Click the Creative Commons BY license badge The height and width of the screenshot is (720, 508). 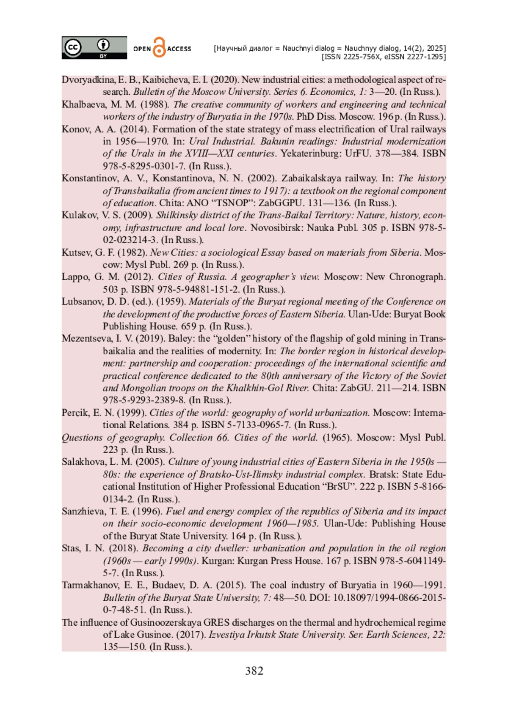[94, 47]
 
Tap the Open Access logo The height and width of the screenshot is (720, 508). [162, 48]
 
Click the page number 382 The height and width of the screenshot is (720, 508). [254, 671]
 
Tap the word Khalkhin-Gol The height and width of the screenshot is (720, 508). [254, 388]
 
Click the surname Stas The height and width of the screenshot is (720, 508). [71, 548]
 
